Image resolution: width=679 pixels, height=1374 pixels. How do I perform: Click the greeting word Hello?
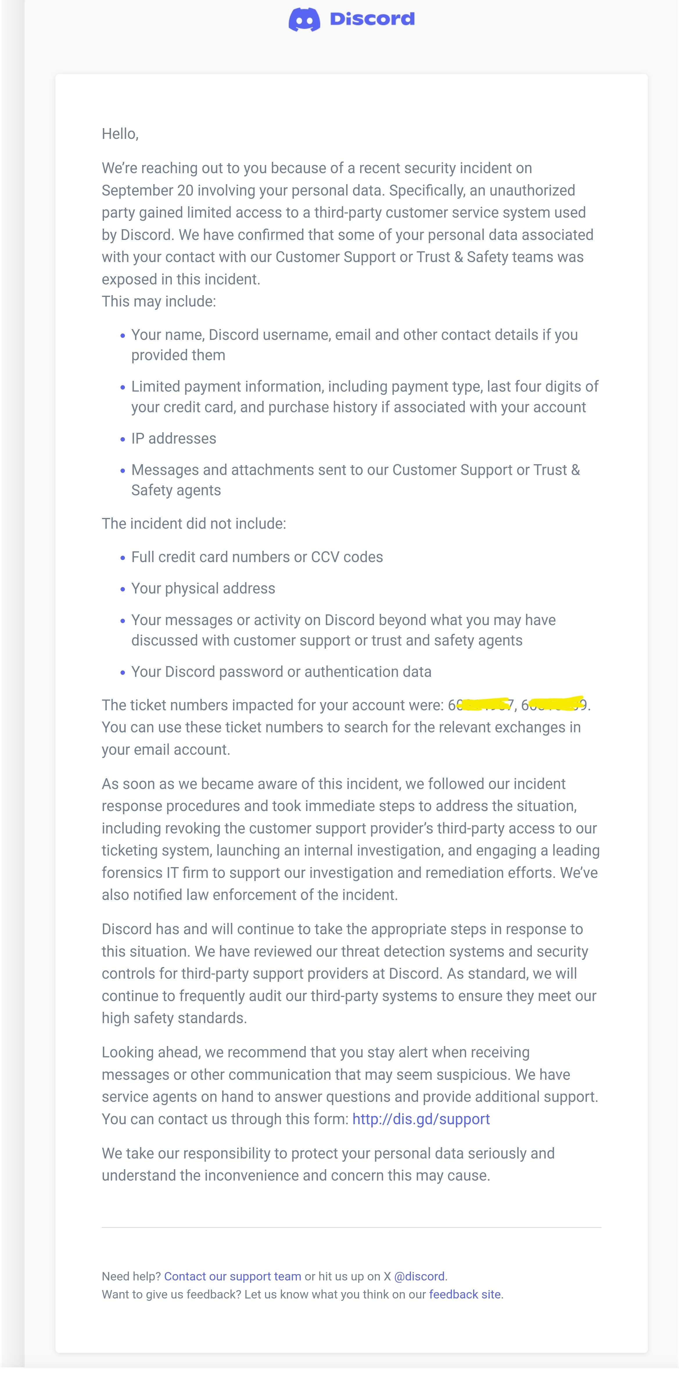coord(119,134)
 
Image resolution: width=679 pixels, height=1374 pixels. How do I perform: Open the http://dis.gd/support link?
coord(421,1119)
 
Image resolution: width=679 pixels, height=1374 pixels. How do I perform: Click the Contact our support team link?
coord(233,1276)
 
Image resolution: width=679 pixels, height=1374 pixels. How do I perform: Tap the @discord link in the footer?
coord(419,1276)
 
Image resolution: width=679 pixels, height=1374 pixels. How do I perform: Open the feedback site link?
coord(465,1294)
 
